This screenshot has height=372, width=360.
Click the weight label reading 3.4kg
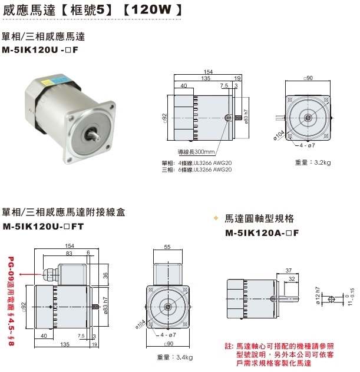click(x=175, y=357)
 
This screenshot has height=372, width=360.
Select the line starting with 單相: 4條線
click(x=197, y=162)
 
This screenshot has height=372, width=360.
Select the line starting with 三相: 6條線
click(x=197, y=170)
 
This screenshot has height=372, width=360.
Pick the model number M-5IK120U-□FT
click(x=44, y=225)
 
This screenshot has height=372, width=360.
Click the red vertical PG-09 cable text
click(x=10, y=300)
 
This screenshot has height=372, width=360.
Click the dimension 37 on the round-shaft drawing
click(x=289, y=270)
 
